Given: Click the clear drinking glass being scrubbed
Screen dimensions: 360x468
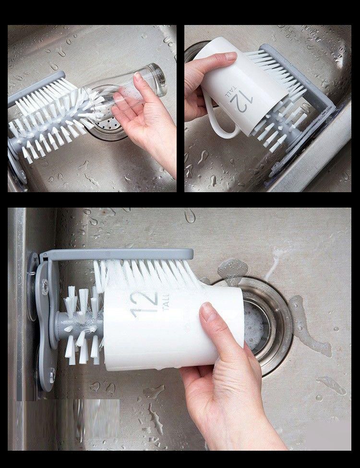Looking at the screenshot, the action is tap(125, 89).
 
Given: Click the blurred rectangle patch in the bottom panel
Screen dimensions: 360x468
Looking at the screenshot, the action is tap(68, 424).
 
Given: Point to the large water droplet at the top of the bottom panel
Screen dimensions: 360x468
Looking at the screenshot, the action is tap(190, 215).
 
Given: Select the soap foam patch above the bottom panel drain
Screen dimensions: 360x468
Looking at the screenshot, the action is tap(233, 268).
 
